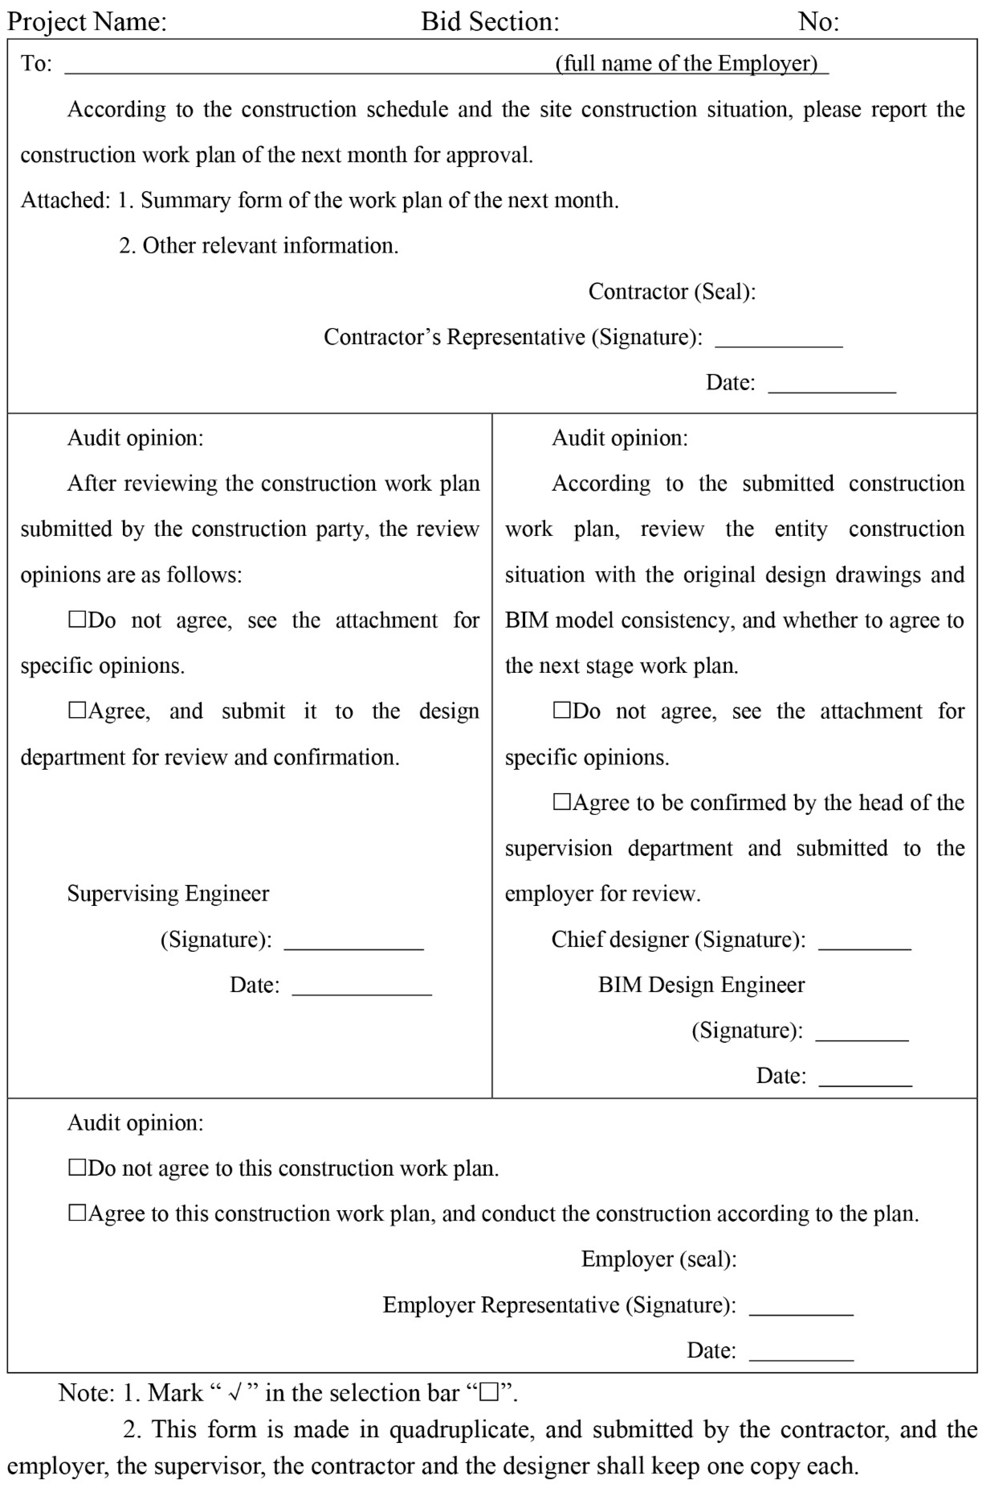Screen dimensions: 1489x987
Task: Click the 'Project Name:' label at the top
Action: [87, 22]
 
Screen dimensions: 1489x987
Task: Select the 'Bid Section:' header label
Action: [490, 22]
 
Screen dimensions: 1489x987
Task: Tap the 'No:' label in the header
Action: [818, 22]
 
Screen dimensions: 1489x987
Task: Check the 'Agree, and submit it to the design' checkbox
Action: [77, 710]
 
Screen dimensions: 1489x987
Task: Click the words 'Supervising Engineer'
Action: [168, 894]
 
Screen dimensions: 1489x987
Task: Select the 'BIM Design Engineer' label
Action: [701, 985]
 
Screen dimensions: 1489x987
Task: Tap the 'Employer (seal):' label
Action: [658, 1259]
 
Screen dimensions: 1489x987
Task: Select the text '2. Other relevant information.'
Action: [259, 246]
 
